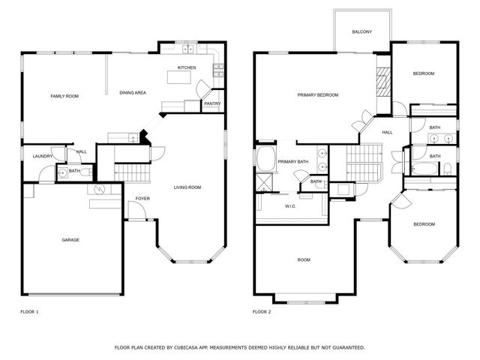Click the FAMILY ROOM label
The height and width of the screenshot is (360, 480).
pyautogui.click(x=64, y=96)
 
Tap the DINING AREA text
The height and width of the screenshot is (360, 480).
pyautogui.click(x=133, y=92)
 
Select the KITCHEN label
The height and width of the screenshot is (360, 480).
pyautogui.click(x=187, y=67)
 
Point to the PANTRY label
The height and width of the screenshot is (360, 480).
pyautogui.click(x=212, y=103)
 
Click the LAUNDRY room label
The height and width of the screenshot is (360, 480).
pyautogui.click(x=42, y=156)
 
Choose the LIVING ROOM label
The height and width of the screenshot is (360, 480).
pyautogui.click(x=187, y=187)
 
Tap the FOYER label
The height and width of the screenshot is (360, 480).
pyautogui.click(x=142, y=199)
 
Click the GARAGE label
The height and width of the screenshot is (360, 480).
pyautogui.click(x=70, y=240)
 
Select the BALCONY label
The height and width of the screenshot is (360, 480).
pyautogui.click(x=363, y=32)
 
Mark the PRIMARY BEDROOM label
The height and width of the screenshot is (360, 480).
pyautogui.click(x=317, y=95)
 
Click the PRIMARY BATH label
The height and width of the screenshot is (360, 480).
pyautogui.click(x=292, y=162)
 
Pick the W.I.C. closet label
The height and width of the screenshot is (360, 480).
pyautogui.click(x=291, y=205)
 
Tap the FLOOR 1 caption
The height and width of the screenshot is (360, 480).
pyautogui.click(x=28, y=311)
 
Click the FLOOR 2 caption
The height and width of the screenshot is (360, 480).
pyautogui.click(x=261, y=311)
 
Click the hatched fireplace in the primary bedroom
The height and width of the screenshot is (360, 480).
pyautogui.click(x=383, y=82)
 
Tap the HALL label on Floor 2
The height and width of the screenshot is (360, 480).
pyautogui.click(x=388, y=133)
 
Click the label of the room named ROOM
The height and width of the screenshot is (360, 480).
pyautogui.click(x=304, y=260)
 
